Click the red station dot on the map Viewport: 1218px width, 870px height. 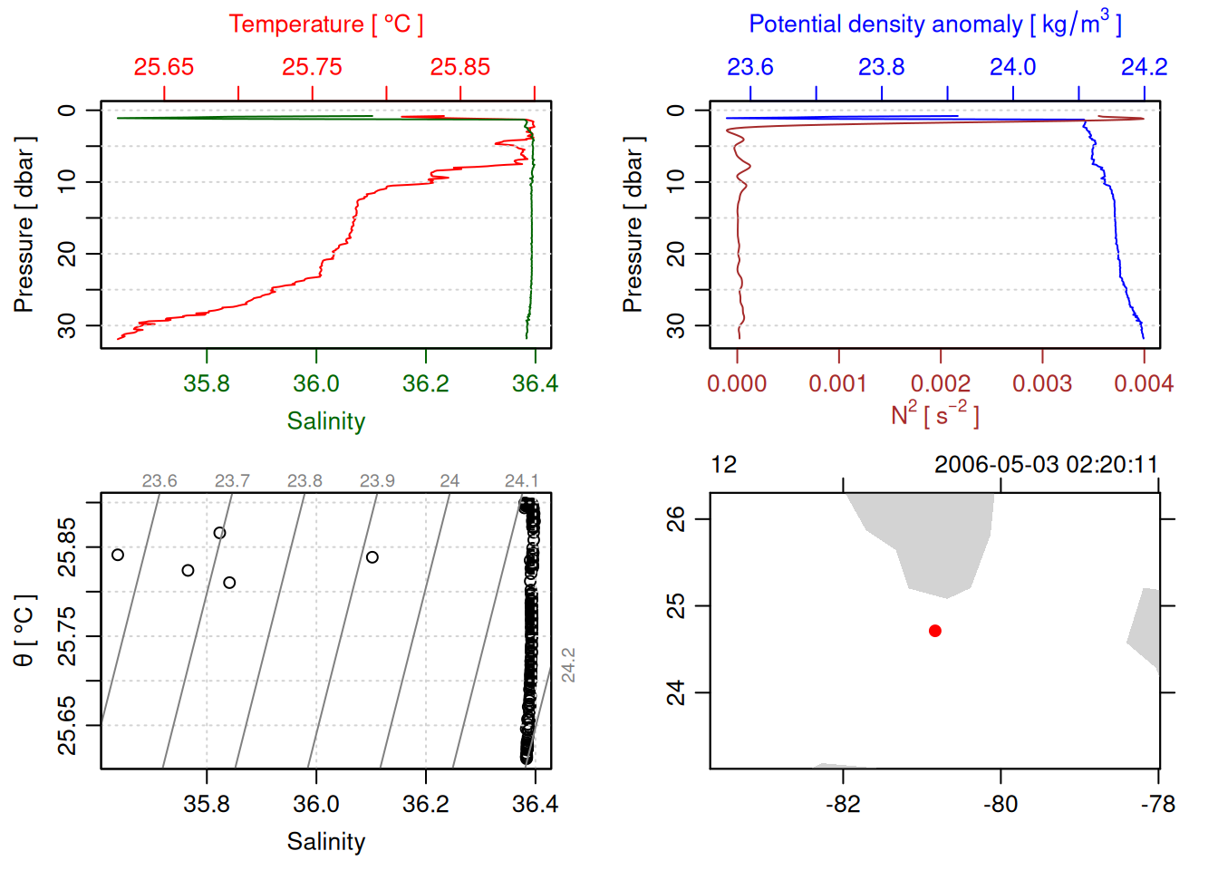[934, 631]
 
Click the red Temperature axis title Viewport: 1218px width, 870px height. [325, 24]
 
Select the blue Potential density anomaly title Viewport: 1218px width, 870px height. [934, 24]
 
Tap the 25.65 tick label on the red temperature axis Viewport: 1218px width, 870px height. [164, 67]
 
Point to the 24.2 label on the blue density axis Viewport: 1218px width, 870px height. [1144, 67]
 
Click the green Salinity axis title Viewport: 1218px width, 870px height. [325, 421]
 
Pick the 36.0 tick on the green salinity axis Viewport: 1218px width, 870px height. [316, 383]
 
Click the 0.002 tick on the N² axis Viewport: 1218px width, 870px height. [941, 383]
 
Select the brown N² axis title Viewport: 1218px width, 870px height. [934, 415]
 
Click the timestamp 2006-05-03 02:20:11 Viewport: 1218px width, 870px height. [1046, 465]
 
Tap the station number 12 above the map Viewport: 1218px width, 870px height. [724, 465]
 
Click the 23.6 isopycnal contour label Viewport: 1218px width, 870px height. [159, 480]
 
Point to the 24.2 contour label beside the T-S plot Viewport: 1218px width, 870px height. [568, 664]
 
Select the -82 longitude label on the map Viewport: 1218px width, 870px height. [843, 804]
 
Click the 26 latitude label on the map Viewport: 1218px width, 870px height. [676, 519]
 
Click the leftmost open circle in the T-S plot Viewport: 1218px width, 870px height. [118, 555]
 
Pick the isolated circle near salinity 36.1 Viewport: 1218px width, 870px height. [372, 557]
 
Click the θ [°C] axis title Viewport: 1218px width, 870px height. [24, 631]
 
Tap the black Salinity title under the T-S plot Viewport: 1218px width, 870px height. [325, 842]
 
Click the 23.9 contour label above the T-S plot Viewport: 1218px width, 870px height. [377, 480]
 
